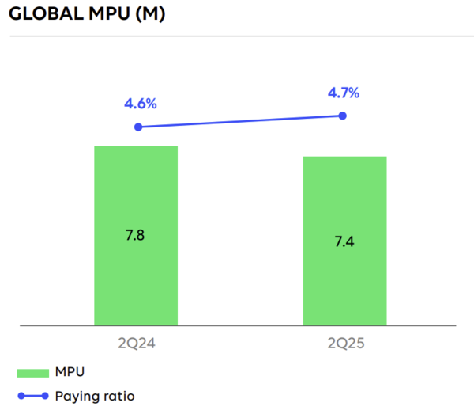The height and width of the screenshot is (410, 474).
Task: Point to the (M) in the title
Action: tap(150, 16)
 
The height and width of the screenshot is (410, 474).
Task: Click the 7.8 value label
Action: tap(136, 235)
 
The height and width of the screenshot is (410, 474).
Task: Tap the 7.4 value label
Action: tap(345, 241)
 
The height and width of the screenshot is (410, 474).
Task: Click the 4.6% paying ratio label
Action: tap(140, 104)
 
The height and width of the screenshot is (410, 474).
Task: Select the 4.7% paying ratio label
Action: tap(343, 93)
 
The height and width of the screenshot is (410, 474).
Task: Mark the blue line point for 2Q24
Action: tap(138, 127)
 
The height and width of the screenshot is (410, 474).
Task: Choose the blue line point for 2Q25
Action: tap(343, 116)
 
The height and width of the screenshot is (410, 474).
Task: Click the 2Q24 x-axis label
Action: tap(136, 344)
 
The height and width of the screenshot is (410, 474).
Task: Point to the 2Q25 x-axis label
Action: tap(345, 344)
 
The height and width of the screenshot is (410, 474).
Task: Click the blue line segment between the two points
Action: tap(241, 121)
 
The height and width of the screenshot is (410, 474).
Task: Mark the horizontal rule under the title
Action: tap(237, 36)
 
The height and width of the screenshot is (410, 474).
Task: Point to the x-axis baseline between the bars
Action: tap(241, 325)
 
